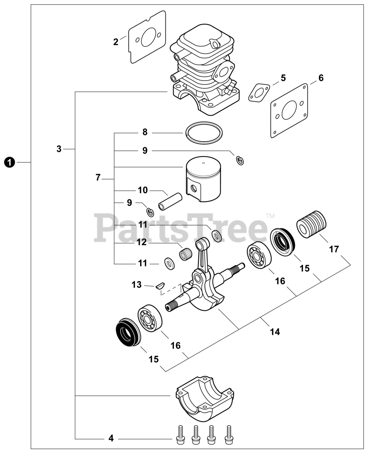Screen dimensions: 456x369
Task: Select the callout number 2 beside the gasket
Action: pyautogui.click(x=116, y=42)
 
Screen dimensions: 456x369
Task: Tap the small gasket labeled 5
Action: pyautogui.click(x=259, y=93)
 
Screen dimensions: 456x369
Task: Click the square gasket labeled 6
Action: pyautogui.click(x=289, y=111)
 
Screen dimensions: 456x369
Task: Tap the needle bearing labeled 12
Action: pyautogui.click(x=185, y=254)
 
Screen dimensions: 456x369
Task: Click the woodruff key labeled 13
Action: pyautogui.click(x=159, y=285)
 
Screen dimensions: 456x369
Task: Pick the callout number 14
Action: pyautogui.click(x=275, y=332)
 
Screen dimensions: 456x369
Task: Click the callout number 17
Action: pyautogui.click(x=334, y=249)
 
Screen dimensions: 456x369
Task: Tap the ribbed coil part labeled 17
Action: pyautogui.click(x=312, y=224)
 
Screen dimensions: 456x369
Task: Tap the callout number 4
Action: pyautogui.click(x=111, y=438)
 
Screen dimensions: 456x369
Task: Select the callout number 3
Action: pyautogui.click(x=59, y=149)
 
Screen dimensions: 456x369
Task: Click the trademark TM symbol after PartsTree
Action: pyautogui.click(x=270, y=216)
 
